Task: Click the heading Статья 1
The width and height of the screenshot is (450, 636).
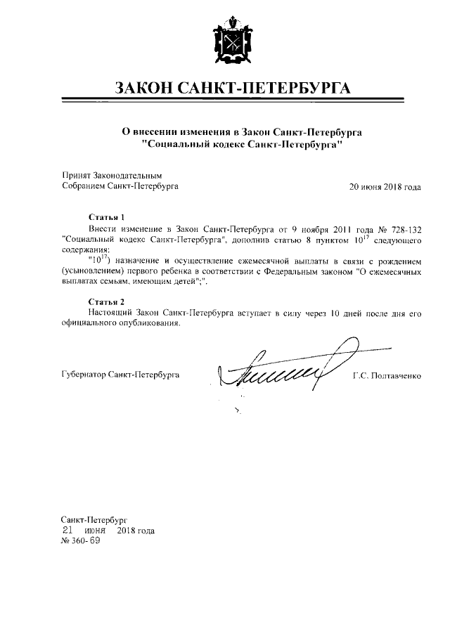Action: click(107, 217)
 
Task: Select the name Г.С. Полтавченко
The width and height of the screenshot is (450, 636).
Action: click(386, 375)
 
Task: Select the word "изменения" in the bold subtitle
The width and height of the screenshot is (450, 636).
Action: click(202, 131)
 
